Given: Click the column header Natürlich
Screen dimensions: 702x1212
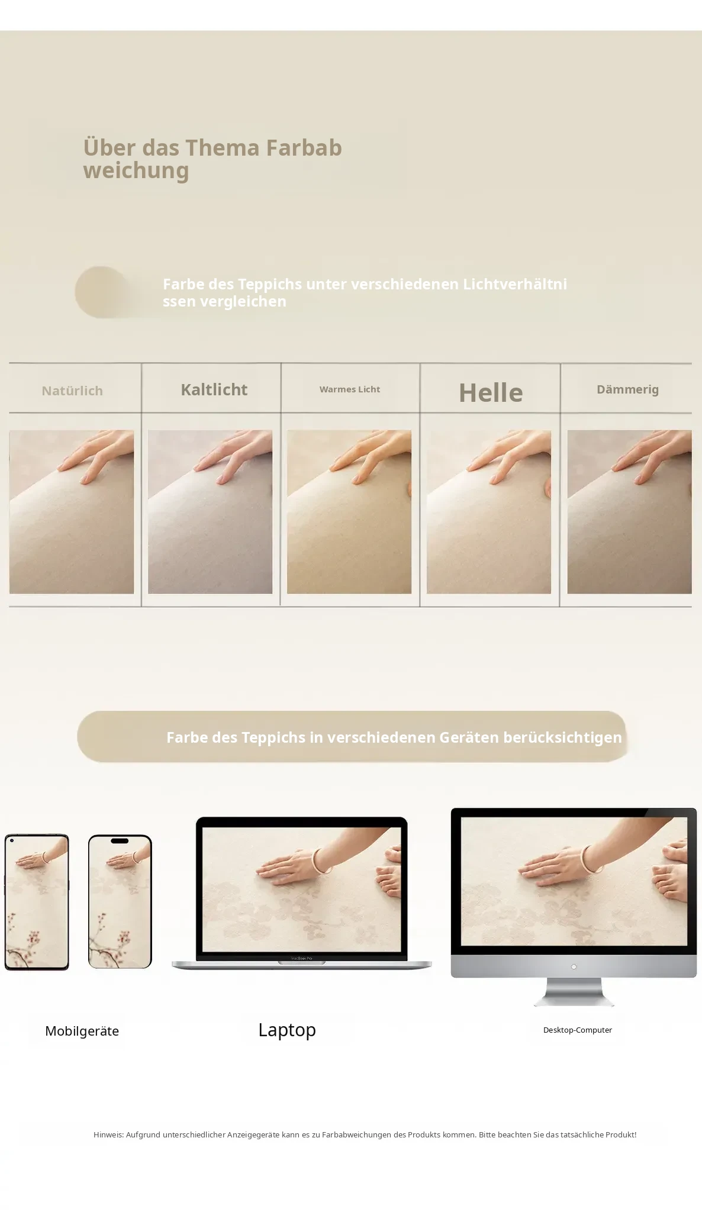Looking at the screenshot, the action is pos(72,391).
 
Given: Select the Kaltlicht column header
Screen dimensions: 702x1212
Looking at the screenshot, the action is pos(214,389).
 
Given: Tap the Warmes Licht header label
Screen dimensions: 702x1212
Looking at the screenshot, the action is pos(350,389).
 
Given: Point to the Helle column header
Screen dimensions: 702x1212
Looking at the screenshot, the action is pos(491,392).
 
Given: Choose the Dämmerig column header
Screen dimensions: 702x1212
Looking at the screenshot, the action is pos(627,389).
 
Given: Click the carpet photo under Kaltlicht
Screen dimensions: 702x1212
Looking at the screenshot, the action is pos(210,512).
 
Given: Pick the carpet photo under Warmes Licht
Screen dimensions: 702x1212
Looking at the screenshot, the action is pos(349,512).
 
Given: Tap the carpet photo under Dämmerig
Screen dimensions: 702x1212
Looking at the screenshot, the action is pos(629,512).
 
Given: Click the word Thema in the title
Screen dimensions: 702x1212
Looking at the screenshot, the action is pos(223,148).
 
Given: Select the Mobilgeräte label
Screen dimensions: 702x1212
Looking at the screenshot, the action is pos(82,1031).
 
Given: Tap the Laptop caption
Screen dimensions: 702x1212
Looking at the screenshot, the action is pos(287,1030).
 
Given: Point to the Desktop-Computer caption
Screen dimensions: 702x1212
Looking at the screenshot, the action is pos(578,1030).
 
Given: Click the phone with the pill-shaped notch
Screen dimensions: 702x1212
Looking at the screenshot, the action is pos(120,901).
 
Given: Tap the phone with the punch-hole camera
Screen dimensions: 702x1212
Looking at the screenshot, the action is pos(37,902).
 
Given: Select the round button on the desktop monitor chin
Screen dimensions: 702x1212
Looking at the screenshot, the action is pos(574,967).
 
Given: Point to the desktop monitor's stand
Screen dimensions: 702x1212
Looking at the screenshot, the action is pos(574,992).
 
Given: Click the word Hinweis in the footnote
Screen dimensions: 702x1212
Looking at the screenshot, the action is pos(108,1134).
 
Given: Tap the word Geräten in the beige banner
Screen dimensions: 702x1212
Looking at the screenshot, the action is pos(469,737).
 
